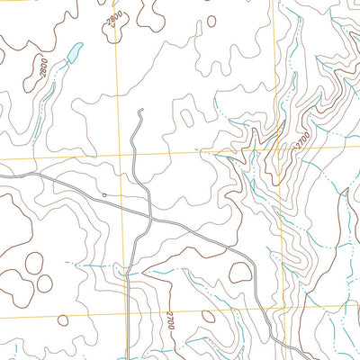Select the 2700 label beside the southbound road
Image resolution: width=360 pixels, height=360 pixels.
[169, 320]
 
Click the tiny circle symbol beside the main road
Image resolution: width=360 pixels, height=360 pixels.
[104, 193]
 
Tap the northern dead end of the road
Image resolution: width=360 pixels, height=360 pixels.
[141, 111]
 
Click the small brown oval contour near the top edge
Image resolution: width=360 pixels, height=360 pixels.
[211, 20]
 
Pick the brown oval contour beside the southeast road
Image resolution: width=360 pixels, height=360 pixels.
[239, 271]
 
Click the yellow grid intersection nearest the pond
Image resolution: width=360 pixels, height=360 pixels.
[118, 159]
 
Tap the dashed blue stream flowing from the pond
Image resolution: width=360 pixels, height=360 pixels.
[54, 72]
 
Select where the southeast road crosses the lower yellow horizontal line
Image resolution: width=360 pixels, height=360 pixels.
[261, 308]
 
